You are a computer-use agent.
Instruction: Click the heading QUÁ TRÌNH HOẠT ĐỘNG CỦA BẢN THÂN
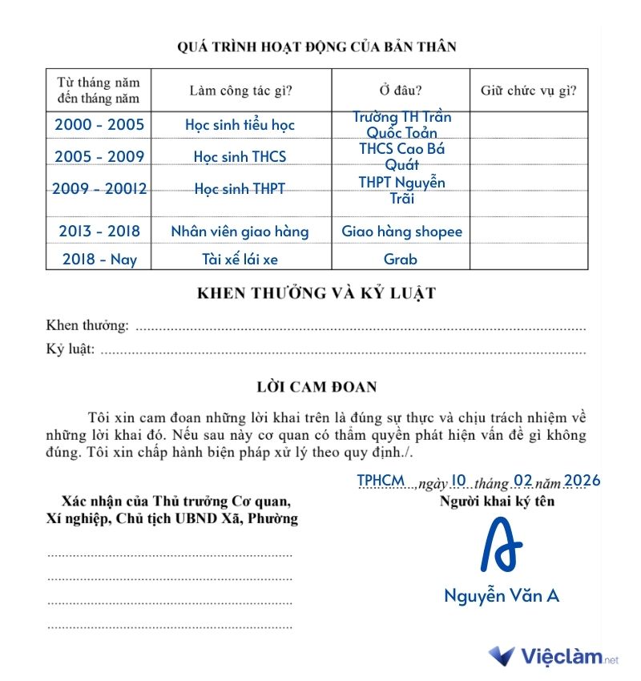316,46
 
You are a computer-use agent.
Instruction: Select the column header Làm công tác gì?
240,90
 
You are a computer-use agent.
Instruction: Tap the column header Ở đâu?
401,90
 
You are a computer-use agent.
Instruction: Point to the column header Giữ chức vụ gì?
528,90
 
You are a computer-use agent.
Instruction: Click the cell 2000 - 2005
99,125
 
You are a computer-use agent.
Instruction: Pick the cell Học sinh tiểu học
240,125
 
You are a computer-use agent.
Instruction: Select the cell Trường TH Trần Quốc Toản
401,125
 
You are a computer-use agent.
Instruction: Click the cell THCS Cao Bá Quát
401,156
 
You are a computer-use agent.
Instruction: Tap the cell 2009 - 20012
99,190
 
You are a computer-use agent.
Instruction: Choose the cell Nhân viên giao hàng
240,232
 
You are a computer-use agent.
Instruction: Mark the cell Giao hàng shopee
401,232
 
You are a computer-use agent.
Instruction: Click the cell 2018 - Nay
99,259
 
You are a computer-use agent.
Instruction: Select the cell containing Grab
401,259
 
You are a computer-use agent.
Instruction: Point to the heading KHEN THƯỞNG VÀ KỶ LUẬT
316,293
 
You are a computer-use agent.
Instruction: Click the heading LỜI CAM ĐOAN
316,387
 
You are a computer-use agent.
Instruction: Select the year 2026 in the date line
582,481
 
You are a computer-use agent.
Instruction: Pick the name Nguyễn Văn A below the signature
501,596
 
